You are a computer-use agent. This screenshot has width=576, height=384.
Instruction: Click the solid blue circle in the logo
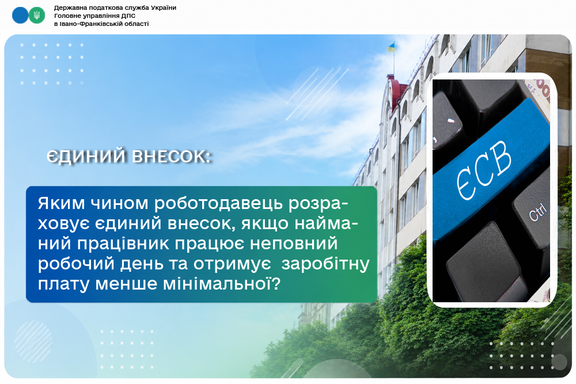[20, 16]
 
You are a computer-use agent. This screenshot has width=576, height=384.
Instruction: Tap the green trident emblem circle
[37, 16]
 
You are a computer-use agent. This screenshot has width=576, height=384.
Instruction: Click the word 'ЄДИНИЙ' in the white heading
[86, 157]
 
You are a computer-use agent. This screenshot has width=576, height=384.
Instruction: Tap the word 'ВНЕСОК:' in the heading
[172, 157]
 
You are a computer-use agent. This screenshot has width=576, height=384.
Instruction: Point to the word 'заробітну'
[325, 264]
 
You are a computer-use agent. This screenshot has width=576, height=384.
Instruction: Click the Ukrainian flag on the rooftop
[391, 47]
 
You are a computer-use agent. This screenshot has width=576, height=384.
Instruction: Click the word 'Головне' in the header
[66, 16]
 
